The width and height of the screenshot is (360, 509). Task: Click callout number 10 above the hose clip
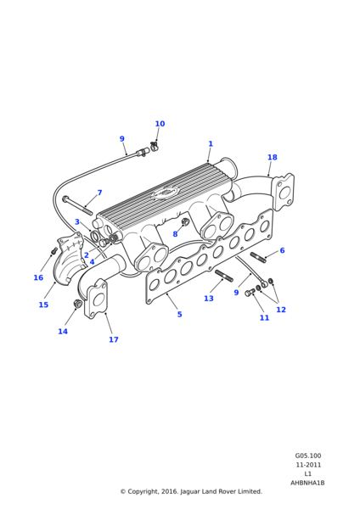[160, 124]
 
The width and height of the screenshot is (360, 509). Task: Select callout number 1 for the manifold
[211, 143]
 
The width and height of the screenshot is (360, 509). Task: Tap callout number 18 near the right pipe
[273, 157]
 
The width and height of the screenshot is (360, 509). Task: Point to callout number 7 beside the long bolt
[99, 193]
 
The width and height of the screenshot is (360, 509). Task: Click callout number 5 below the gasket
[180, 314]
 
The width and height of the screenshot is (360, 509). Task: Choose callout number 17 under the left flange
[114, 339]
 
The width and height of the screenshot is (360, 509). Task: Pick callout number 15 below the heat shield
[43, 305]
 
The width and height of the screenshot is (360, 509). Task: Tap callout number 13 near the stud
[209, 299]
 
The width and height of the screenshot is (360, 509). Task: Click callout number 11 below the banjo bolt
[264, 318]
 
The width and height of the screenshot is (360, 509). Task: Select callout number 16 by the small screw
[38, 277]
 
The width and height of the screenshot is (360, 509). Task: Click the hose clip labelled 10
[154, 146]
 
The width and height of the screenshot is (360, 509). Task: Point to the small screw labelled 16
[54, 250]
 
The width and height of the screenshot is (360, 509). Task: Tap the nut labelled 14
[77, 305]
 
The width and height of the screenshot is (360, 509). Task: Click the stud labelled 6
[258, 257]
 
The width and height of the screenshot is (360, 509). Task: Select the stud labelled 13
[224, 276]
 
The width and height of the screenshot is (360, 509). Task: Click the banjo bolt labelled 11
[250, 292]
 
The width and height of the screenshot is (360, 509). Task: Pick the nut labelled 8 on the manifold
[186, 222]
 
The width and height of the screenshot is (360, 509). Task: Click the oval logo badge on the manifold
[165, 193]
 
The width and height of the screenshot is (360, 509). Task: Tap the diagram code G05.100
[308, 456]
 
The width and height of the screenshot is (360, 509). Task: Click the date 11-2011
[308, 465]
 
